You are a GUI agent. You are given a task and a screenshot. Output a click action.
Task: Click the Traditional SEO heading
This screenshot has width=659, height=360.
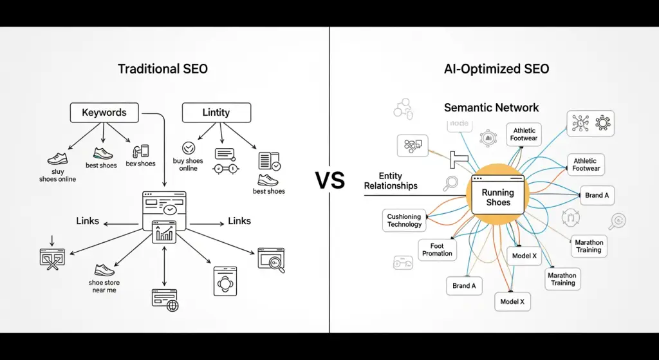(163, 68)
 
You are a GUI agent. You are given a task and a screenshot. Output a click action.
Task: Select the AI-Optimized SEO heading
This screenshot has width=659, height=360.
(496, 68)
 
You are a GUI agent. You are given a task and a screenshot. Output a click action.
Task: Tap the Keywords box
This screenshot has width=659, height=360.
(104, 113)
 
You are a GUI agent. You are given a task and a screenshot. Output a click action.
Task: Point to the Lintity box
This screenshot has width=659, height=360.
(216, 113)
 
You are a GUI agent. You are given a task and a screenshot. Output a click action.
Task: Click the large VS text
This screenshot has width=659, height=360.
(329, 180)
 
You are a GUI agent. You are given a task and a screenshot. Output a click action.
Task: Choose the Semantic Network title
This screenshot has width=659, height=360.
(491, 108)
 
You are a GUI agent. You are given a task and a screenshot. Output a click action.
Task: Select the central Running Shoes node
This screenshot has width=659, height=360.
(497, 196)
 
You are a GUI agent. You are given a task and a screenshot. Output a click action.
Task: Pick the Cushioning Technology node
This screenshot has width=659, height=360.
(404, 220)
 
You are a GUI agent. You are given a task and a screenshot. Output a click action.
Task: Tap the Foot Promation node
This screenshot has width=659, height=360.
(437, 250)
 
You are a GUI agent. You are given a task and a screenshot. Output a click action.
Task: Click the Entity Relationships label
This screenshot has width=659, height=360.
(391, 181)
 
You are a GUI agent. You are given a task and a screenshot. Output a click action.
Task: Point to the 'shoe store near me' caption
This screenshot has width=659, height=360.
(104, 286)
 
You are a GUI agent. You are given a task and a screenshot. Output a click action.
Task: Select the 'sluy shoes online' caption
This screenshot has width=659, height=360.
(57, 175)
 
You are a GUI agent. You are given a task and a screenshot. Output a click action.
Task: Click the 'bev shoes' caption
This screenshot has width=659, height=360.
(140, 164)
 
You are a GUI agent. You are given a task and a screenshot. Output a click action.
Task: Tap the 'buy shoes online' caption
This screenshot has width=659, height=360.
(188, 165)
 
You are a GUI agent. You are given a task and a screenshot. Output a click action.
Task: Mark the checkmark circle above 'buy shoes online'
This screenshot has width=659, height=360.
(189, 148)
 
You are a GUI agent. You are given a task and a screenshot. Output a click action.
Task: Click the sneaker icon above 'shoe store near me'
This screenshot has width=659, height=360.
(104, 269)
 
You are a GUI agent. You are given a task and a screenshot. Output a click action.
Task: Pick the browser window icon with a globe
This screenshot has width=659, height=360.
(165, 300)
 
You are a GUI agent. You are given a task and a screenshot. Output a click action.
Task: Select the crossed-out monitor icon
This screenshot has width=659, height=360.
(53, 258)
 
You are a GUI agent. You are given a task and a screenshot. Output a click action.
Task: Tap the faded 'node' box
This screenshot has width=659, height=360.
(460, 124)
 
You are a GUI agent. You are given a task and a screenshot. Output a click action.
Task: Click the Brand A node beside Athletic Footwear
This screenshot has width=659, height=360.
(597, 194)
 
